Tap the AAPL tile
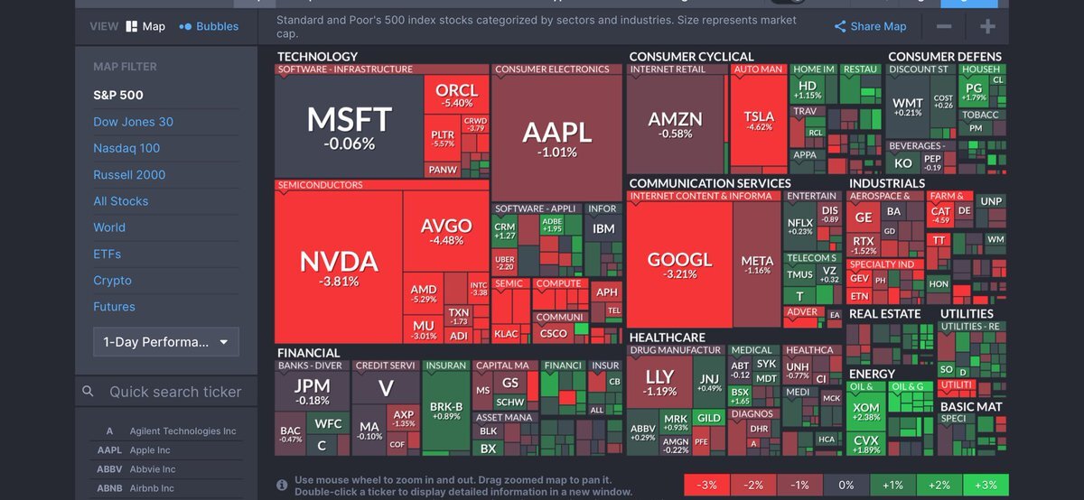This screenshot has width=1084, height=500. pyautogui.click(x=556, y=137)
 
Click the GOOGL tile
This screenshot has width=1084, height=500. pyautogui.click(x=679, y=264)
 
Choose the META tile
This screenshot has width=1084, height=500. pyautogui.click(x=757, y=264)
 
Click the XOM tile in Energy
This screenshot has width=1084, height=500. pyautogui.click(x=865, y=411)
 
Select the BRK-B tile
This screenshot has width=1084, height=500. pyautogui.click(x=446, y=411)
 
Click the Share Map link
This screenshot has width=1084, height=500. pyautogui.click(x=870, y=27)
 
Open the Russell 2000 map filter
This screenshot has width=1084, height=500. pyautogui.click(x=129, y=175)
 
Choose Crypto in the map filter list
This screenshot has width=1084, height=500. pyautogui.click(x=112, y=281)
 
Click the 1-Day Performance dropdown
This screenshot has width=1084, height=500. pyautogui.click(x=166, y=342)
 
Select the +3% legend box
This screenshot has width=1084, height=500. pyautogui.click(x=986, y=486)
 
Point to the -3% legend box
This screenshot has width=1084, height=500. pyautogui.click(x=707, y=486)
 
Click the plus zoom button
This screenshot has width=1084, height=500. pyautogui.click(x=987, y=27)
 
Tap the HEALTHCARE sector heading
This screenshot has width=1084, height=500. pyautogui.click(x=667, y=338)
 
